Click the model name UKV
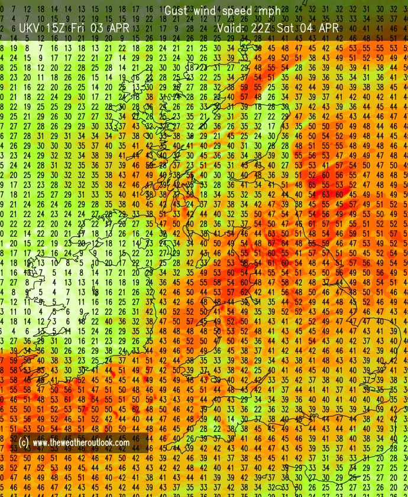pos(29,28)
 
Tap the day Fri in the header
pos(82,28)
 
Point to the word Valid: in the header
pos(234,28)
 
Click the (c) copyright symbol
pos(24,442)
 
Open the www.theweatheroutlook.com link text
pos(81,442)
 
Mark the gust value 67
pos(273,243)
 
